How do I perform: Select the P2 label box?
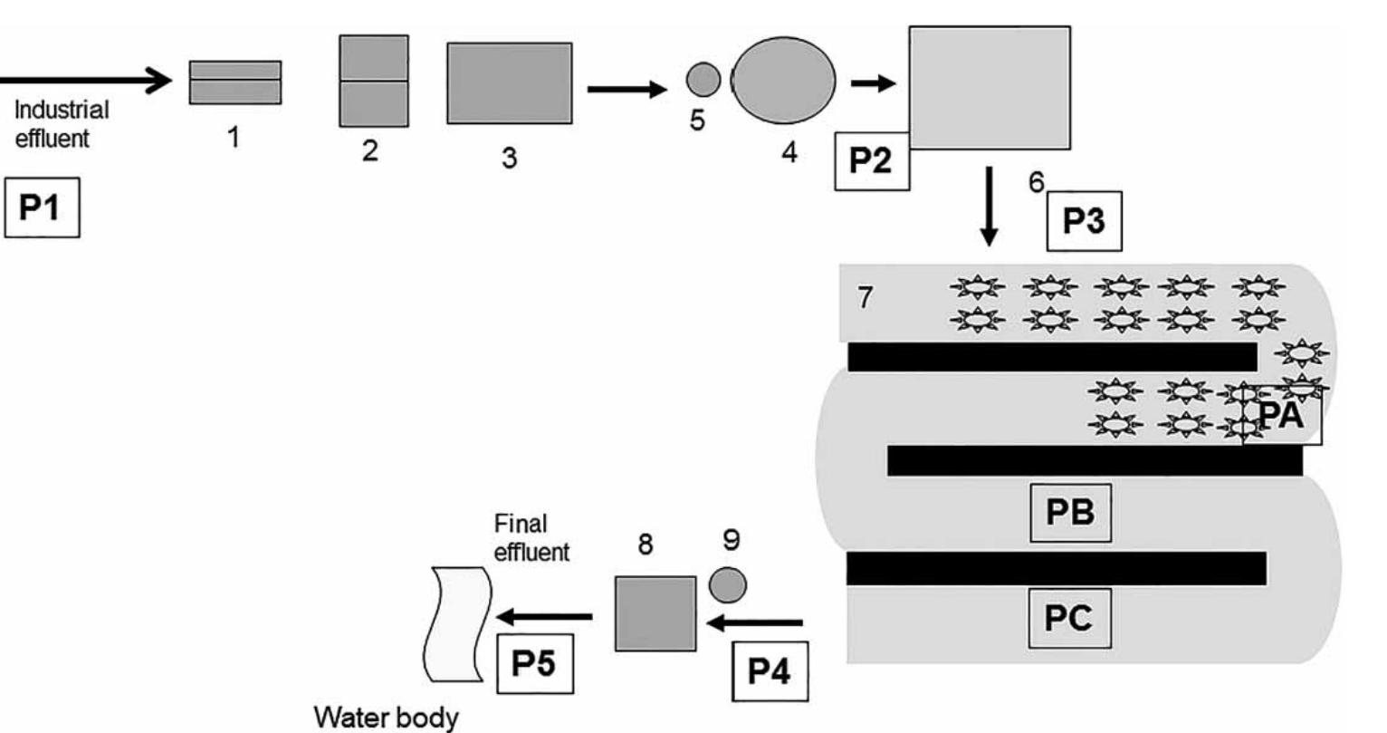click(872, 160)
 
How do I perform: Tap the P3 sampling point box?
click(1084, 221)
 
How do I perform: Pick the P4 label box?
click(769, 672)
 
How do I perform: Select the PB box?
click(1070, 512)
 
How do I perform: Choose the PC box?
click(1069, 618)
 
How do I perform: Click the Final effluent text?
click(531, 538)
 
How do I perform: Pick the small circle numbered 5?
click(703, 80)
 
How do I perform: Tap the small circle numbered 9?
click(727, 584)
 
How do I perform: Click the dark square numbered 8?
click(655, 613)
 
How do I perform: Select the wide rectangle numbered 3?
click(509, 83)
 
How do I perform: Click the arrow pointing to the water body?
click(544, 617)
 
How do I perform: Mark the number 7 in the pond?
click(866, 296)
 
